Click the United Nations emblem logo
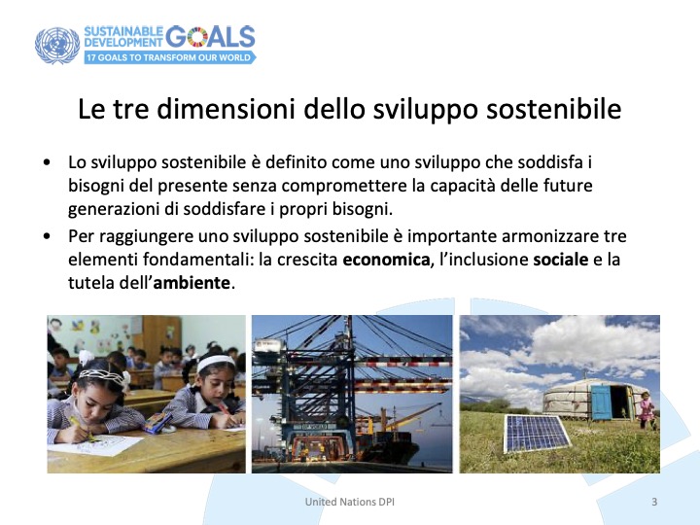click(x=57, y=46)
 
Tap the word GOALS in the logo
click(x=210, y=36)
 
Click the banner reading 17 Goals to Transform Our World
click(x=170, y=57)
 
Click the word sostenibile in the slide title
click(x=553, y=109)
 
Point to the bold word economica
click(x=386, y=260)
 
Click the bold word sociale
click(x=561, y=260)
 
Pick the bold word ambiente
click(x=192, y=283)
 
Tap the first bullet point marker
click(x=48, y=162)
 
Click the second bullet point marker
click(x=48, y=235)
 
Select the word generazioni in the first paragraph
click(x=114, y=209)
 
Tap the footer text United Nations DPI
click(x=350, y=502)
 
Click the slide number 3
click(x=654, y=502)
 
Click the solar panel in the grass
click(x=536, y=433)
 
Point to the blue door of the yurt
click(x=601, y=402)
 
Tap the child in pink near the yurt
click(x=646, y=410)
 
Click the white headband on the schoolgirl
click(x=216, y=362)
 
